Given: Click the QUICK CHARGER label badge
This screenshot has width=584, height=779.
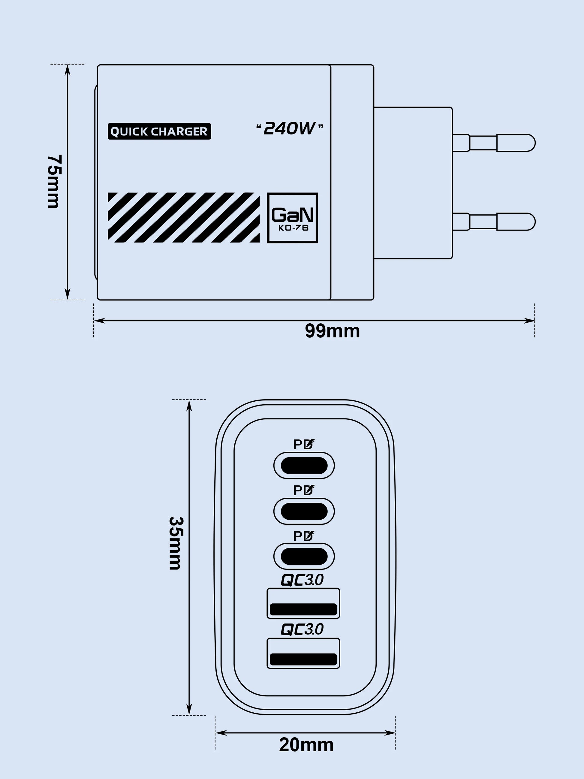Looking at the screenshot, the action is click(x=159, y=131).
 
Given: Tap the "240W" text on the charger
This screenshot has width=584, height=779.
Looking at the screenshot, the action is click(x=290, y=128).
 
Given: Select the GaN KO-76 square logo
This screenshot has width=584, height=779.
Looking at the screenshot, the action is click(x=293, y=218).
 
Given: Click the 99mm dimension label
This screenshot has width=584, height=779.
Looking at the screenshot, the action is click(x=332, y=331).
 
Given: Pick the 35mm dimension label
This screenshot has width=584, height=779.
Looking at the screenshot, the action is click(x=175, y=543).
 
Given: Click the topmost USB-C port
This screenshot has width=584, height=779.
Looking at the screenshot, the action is click(x=304, y=466).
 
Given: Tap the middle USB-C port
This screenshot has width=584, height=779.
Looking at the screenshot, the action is click(x=304, y=511).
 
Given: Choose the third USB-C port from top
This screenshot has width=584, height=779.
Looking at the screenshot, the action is click(x=304, y=557).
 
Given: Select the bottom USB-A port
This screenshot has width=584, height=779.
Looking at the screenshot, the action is click(x=303, y=653).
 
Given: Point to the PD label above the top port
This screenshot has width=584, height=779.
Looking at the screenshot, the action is click(x=304, y=445).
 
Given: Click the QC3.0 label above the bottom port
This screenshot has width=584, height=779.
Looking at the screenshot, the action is click(x=302, y=629).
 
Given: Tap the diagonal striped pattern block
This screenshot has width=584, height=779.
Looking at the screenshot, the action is click(x=184, y=218).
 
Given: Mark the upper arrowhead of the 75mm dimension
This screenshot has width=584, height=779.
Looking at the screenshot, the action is click(x=68, y=70).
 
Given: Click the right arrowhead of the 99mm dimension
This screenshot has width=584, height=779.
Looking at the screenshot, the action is click(x=529, y=321).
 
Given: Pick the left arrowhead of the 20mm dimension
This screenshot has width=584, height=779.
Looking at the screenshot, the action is click(x=221, y=733).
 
